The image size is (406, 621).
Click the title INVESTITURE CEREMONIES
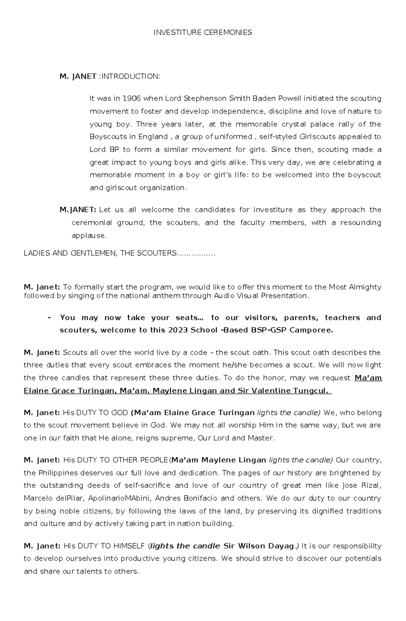tap(203, 32)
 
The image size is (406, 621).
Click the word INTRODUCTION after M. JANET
tap(130, 76)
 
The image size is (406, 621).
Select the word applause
tap(89, 236)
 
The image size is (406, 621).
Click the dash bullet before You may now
tap(50, 318)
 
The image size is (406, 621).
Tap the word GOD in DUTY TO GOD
tap(118, 413)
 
